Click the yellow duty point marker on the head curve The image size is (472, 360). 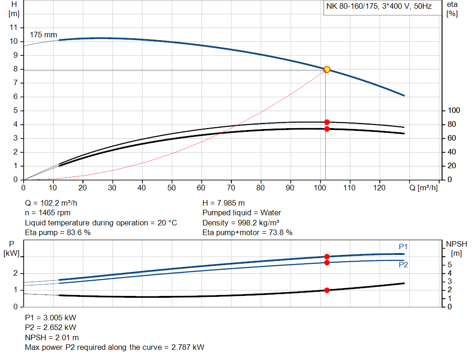(327, 70)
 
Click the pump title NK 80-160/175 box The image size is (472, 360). (379, 7)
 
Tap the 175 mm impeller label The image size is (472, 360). (43, 35)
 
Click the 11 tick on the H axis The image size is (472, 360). (13, 28)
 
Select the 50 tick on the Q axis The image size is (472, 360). (172, 188)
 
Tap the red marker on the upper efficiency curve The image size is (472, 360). (327, 122)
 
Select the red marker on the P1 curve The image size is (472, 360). (327, 257)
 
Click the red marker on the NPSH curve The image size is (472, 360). (327, 290)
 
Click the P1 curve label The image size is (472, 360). (403, 247)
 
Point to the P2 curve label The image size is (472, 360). (403, 265)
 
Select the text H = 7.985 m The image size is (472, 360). (224, 203)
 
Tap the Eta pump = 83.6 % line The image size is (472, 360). (58, 233)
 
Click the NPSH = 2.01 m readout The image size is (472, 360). (52, 337)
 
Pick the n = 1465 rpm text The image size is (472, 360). (48, 213)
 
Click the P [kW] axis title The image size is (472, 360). (13, 248)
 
